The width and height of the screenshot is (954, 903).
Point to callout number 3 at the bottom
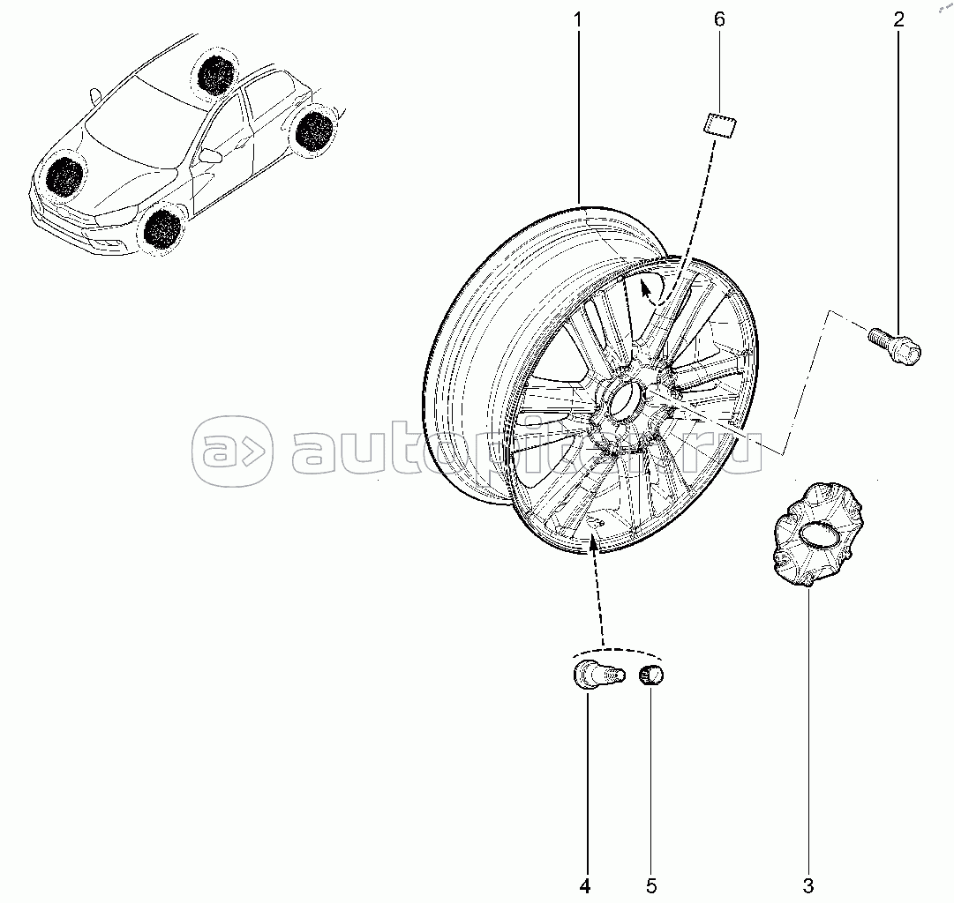pos(808,884)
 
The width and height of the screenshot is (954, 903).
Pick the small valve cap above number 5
pos(651,675)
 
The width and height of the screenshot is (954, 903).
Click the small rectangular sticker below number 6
pos(722,126)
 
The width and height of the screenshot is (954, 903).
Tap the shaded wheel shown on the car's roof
pos(214,73)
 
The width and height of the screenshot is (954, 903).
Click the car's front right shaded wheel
pos(162,227)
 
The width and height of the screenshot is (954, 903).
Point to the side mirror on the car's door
pos(210,156)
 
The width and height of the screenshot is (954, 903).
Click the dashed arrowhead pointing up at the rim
pos(592,543)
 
